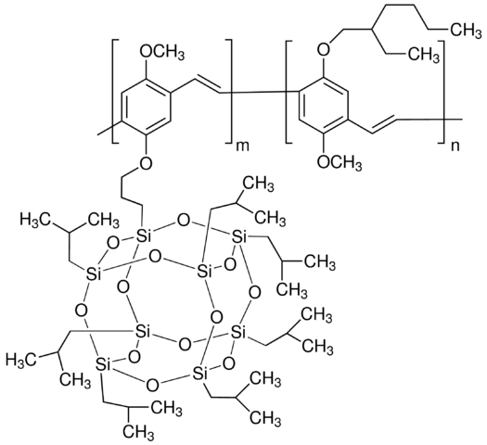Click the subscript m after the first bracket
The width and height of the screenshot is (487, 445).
(x=242, y=146)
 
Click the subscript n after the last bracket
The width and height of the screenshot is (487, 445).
(x=455, y=146)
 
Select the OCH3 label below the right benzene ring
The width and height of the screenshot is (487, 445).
(x=340, y=162)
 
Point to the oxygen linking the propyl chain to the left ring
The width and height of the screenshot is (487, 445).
(x=146, y=161)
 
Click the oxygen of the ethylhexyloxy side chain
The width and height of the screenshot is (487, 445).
(x=324, y=49)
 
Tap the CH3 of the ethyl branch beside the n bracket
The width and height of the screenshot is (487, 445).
(x=423, y=55)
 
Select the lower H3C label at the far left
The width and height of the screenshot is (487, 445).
(x=20, y=360)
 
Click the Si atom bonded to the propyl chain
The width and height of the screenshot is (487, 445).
(x=143, y=236)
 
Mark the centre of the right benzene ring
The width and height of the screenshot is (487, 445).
(x=323, y=105)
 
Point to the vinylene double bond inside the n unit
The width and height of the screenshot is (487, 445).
(x=384, y=126)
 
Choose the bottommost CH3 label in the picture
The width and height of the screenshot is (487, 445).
(x=138, y=430)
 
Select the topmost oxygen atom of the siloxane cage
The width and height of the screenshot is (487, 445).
(x=183, y=222)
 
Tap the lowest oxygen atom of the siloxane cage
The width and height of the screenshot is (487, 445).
(x=152, y=386)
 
